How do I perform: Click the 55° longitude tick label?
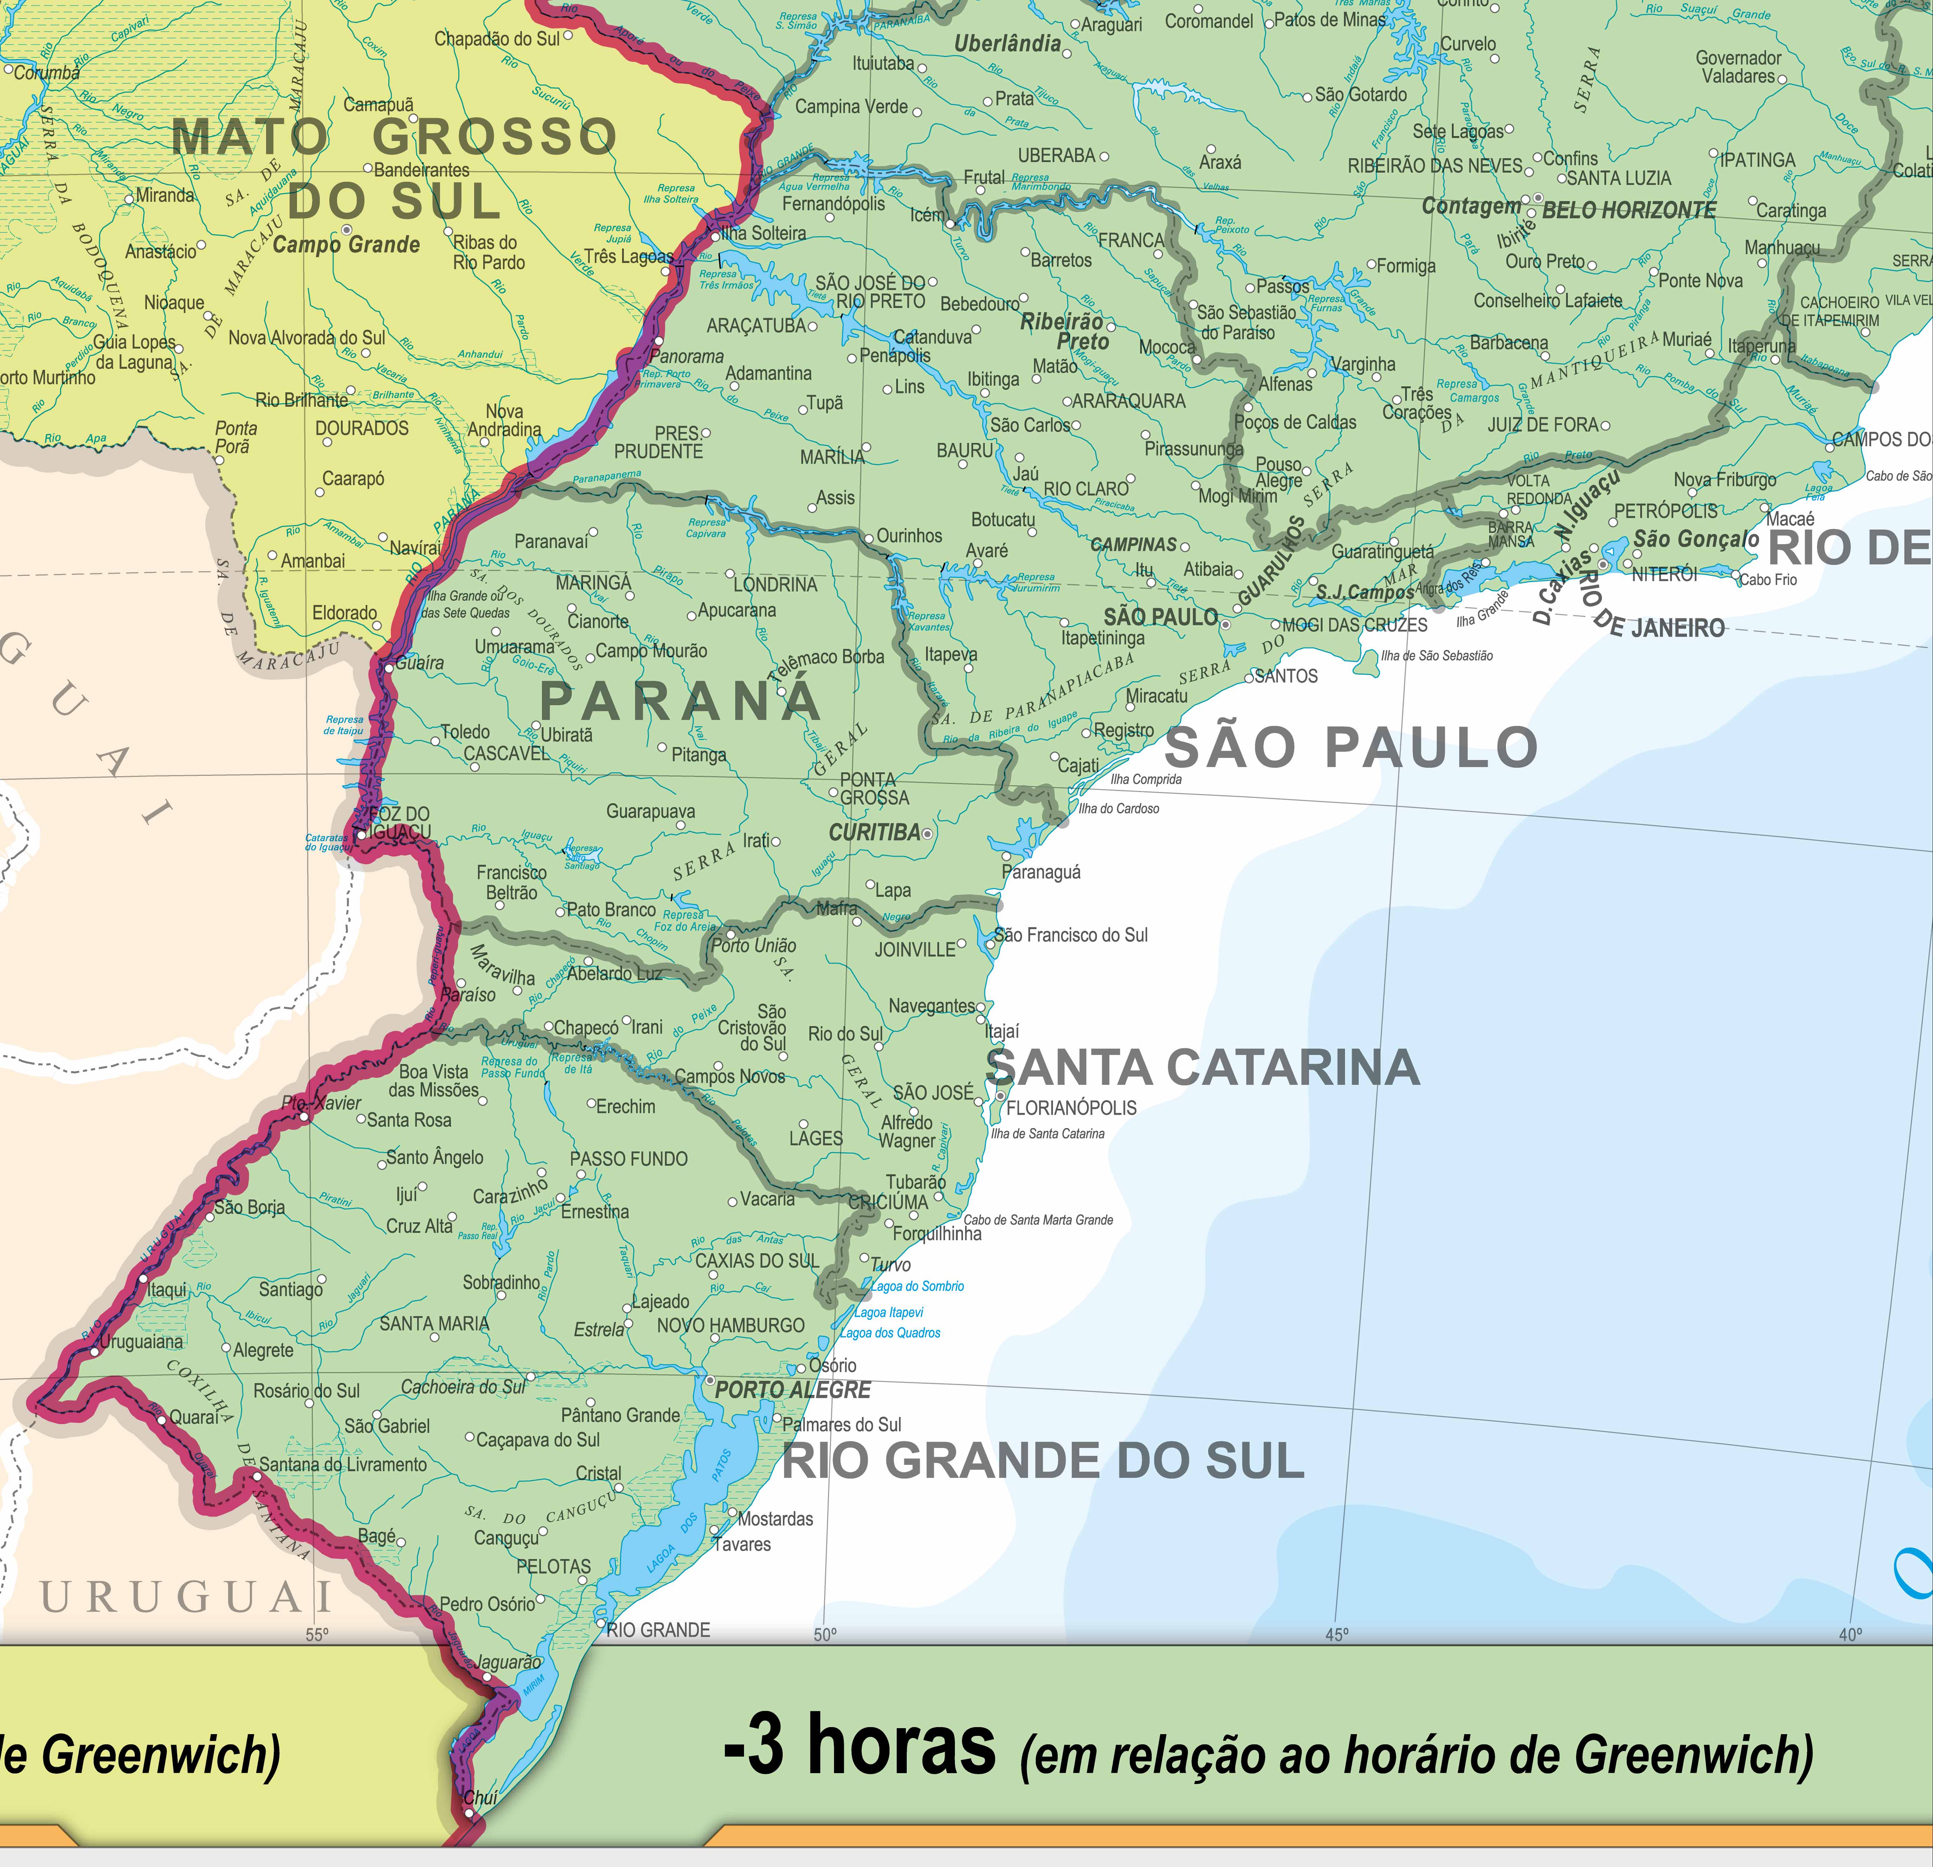pos(317,1635)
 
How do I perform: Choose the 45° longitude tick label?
pos(1336,1635)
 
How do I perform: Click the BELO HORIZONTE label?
pos(1629,210)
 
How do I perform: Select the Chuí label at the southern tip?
pos(480,1798)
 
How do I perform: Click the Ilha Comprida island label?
pos(1146,779)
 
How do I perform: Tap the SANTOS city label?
pos(1286,676)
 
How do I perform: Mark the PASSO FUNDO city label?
pos(628,1159)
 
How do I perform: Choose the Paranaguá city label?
pos(1041,872)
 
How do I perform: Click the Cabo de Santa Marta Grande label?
pos(1039,1220)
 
